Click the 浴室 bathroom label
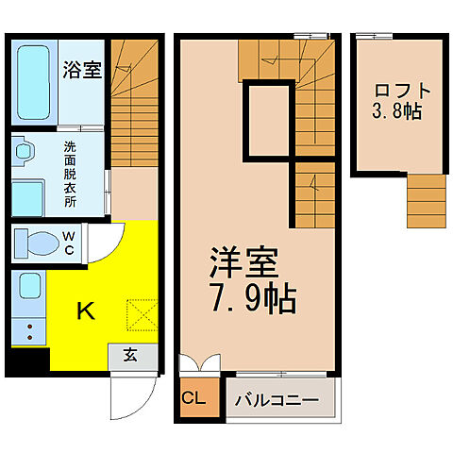tap(83, 69)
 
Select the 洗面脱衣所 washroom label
tap(71, 175)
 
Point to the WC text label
tap(69, 243)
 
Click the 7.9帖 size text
tap(249, 299)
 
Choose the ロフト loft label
tap(403, 92)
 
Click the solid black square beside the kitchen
tap(30, 360)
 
